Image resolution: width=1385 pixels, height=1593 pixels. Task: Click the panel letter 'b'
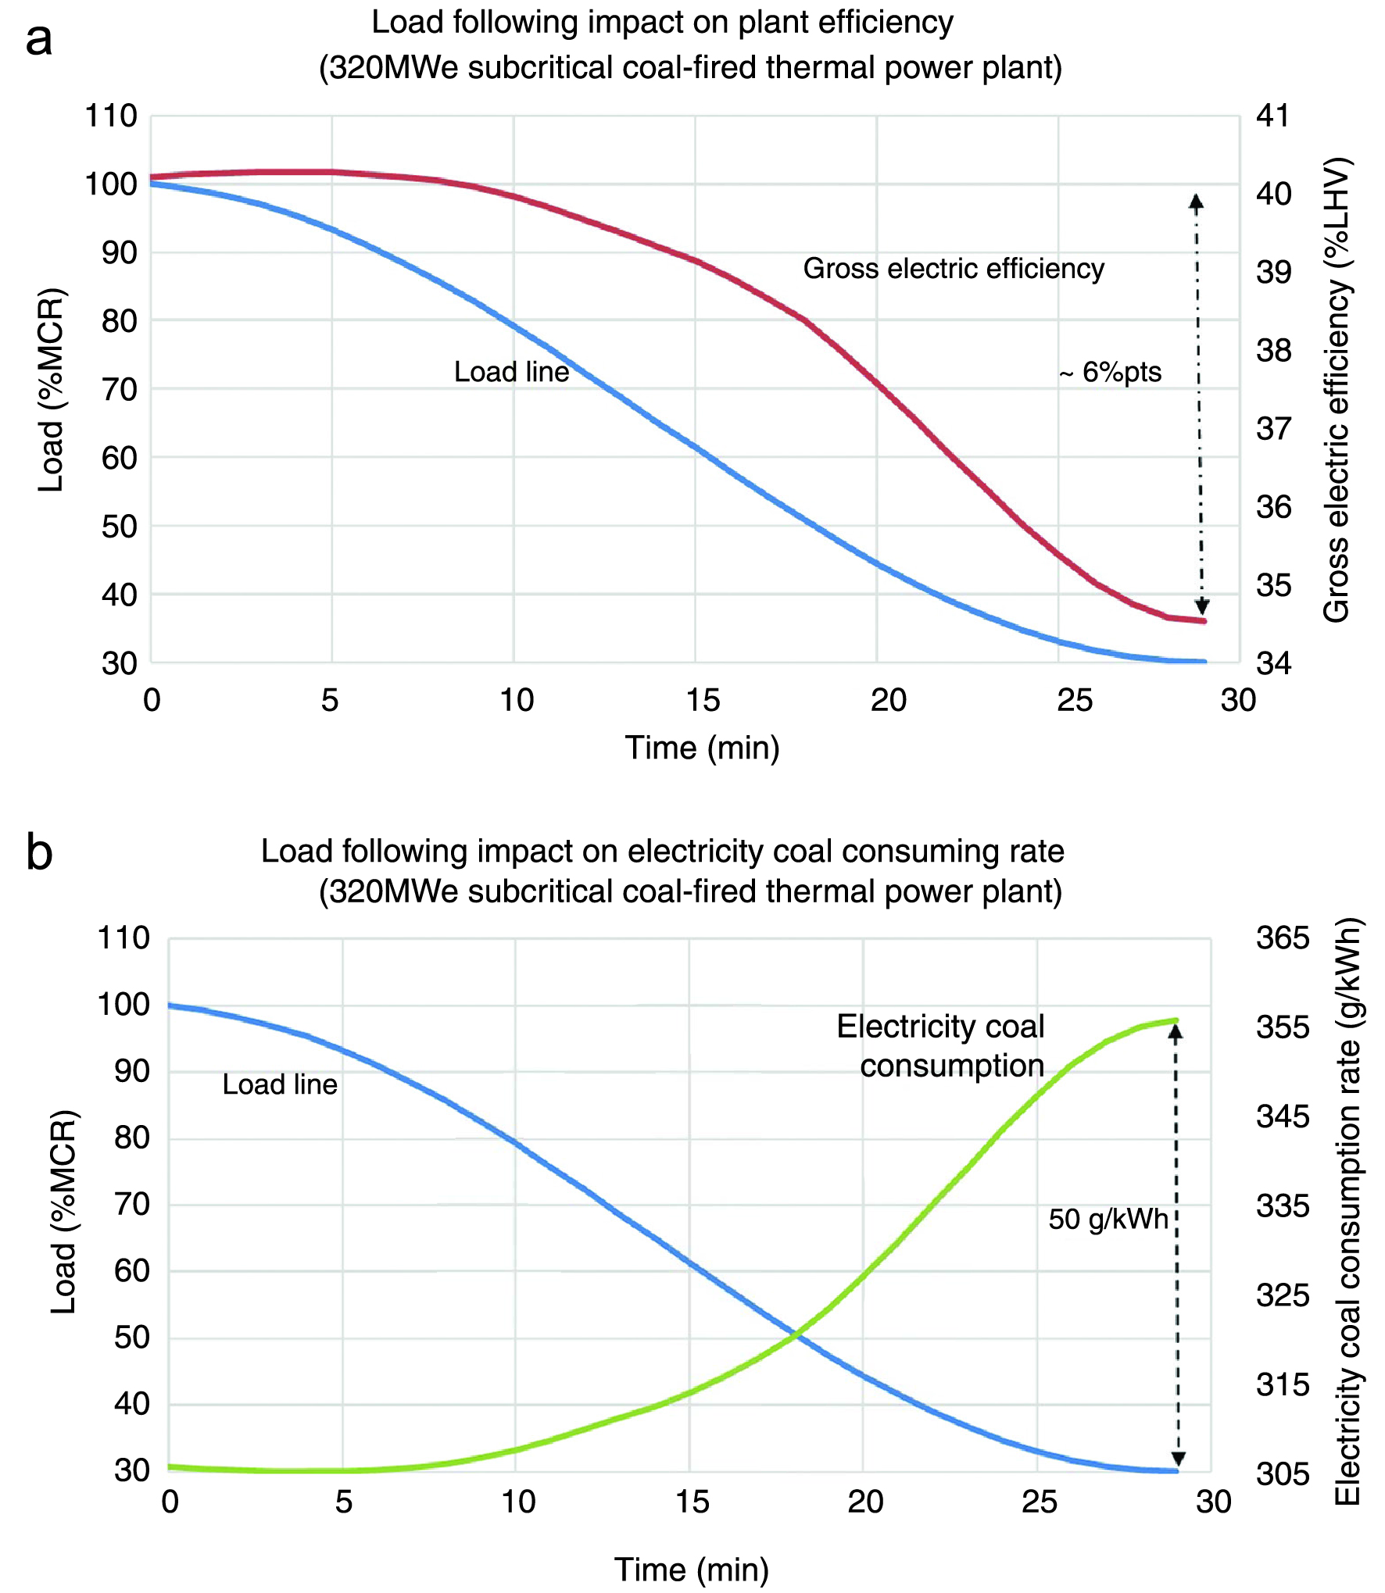point(39,853)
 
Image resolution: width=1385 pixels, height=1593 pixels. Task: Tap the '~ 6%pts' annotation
point(1110,373)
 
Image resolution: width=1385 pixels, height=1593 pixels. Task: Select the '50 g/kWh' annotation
point(1108,1220)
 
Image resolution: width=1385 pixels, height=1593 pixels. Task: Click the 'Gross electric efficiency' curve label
point(954,269)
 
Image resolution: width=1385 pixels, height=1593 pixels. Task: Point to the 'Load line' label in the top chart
point(511,372)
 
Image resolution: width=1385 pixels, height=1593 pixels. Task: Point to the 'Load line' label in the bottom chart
point(280,1084)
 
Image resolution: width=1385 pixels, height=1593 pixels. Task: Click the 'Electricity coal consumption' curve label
point(941,1046)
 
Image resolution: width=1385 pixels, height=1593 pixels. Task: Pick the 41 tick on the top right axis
point(1272,116)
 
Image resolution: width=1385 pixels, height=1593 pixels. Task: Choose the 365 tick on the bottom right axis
point(1282,938)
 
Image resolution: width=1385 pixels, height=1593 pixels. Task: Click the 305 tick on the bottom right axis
point(1282,1474)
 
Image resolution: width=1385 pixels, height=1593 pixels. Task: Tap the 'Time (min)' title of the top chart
point(702,748)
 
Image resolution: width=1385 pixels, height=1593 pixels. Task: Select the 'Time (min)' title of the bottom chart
point(691,1570)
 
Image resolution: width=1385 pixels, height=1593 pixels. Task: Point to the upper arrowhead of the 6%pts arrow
point(1196,201)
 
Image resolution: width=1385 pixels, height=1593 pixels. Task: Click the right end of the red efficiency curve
point(1204,621)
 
